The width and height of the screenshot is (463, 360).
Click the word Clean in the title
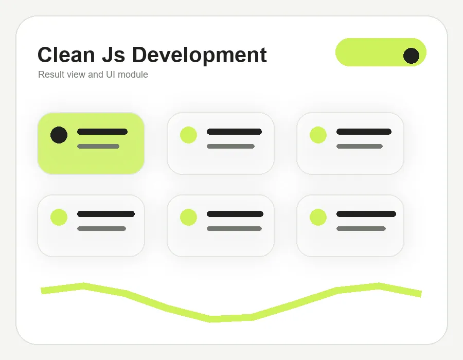click(66, 55)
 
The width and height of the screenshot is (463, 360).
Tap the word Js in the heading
click(113, 55)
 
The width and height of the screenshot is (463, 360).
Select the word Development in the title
click(200, 56)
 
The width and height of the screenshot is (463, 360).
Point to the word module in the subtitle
click(133, 75)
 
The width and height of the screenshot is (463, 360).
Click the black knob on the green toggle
click(411, 56)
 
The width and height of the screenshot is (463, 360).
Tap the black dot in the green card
click(59, 135)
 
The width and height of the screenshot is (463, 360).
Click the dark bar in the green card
click(102, 132)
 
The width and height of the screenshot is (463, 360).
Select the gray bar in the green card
click(98, 147)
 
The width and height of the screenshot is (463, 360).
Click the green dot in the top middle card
click(188, 135)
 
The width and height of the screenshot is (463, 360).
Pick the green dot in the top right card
click(318, 135)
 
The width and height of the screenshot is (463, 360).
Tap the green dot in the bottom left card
click(59, 217)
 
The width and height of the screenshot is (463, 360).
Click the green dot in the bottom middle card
click(188, 217)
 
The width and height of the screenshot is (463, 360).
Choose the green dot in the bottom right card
click(318, 217)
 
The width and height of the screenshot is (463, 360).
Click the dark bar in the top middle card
click(234, 132)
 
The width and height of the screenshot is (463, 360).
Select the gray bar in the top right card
click(360, 147)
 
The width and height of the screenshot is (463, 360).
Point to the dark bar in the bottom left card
click(105, 214)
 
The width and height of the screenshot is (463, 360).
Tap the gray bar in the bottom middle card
click(234, 229)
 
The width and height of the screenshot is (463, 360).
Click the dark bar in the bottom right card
click(366, 214)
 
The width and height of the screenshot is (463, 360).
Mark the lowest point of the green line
click(210, 319)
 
